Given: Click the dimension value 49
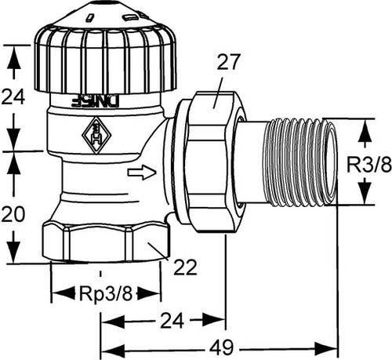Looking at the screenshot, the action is [x=221, y=347].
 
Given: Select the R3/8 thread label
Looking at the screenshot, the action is [x=369, y=165].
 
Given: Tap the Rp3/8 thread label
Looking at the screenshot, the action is [x=106, y=293].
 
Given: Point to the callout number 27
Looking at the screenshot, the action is [x=228, y=62].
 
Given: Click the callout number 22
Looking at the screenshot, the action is [x=185, y=267].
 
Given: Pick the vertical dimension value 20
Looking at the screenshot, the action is [x=13, y=214].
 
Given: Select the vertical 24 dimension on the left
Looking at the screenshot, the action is [x=13, y=96].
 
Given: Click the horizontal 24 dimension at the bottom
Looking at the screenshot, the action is [x=172, y=321].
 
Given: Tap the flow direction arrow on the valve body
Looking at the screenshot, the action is [x=142, y=173].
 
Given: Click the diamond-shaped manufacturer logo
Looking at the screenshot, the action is [x=96, y=135].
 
